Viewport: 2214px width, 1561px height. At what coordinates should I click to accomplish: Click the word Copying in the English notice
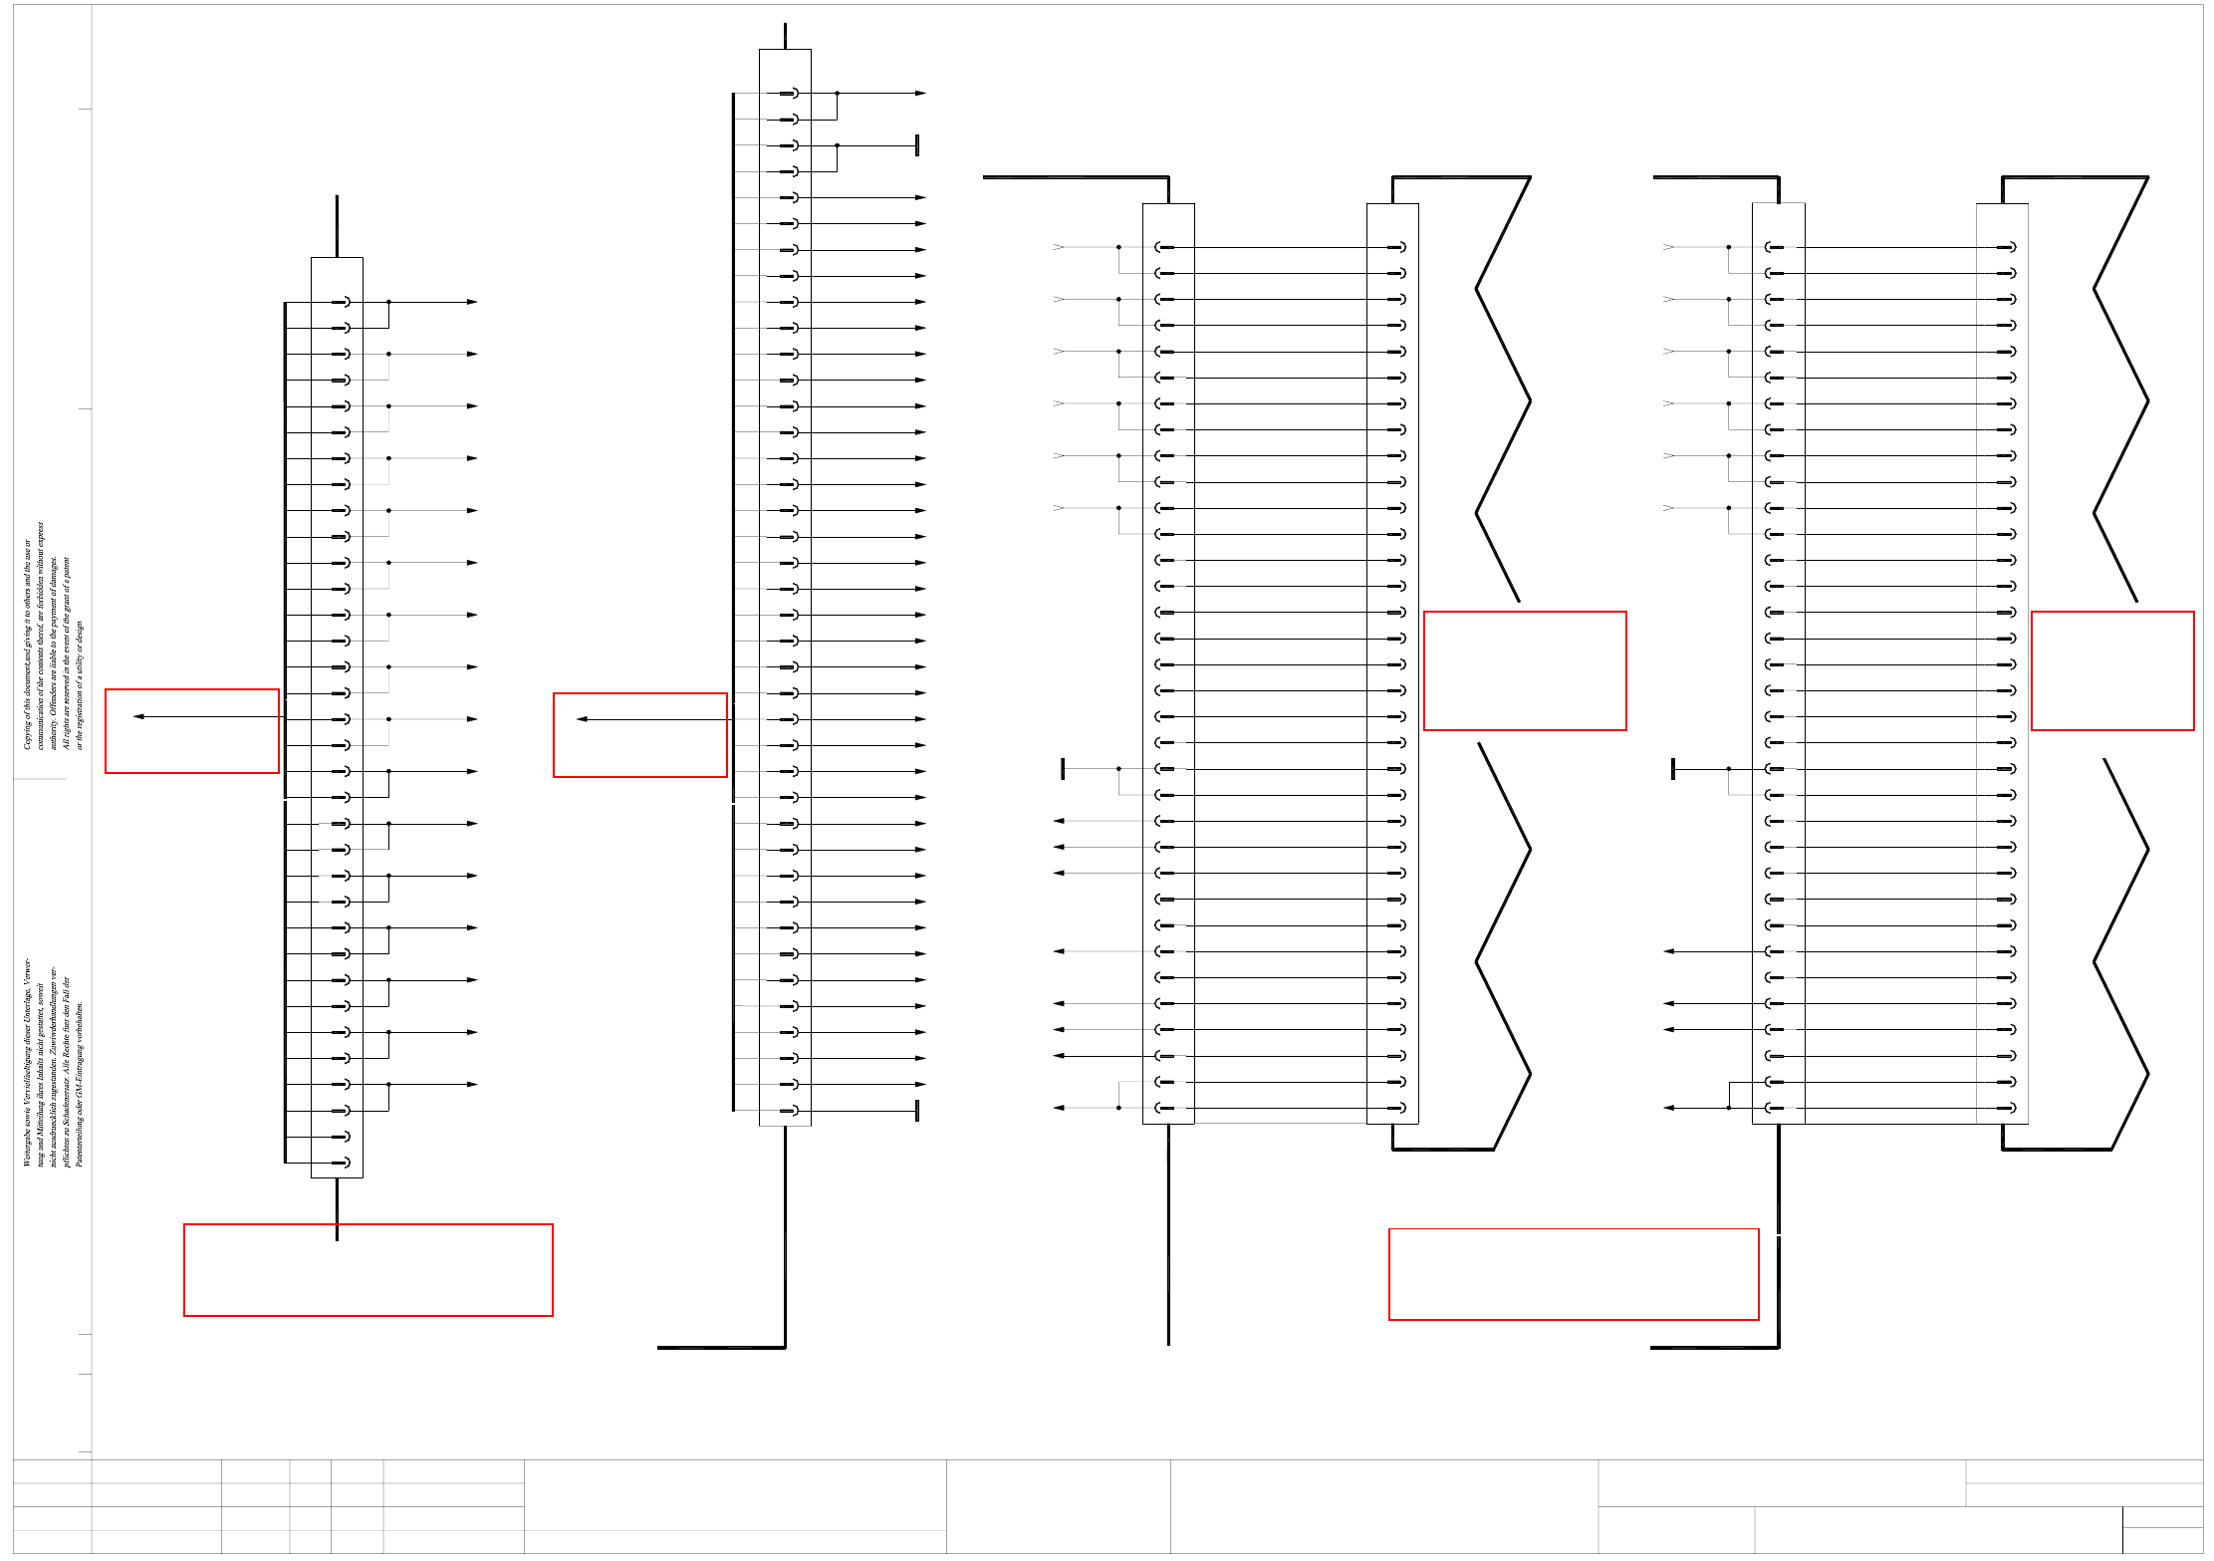pyautogui.click(x=28, y=731)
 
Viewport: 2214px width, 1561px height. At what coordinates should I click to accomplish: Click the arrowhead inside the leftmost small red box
pyautogui.click(x=138, y=716)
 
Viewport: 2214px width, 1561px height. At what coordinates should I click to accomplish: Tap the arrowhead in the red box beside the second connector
pyautogui.click(x=582, y=719)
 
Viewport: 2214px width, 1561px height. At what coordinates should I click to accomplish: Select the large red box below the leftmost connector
pyautogui.click(x=368, y=1269)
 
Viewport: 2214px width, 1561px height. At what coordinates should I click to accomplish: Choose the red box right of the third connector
pyautogui.click(x=1524, y=670)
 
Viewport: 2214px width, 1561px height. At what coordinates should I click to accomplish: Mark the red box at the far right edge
pyautogui.click(x=2111, y=670)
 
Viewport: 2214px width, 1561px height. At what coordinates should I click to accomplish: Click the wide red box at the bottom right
pyautogui.click(x=1573, y=1274)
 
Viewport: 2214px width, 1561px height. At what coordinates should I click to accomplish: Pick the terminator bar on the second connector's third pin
pyautogui.click(x=916, y=145)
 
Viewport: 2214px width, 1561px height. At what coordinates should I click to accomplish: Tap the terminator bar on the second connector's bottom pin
pyautogui.click(x=916, y=1110)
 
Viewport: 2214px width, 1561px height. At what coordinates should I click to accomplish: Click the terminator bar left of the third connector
pyautogui.click(x=1063, y=768)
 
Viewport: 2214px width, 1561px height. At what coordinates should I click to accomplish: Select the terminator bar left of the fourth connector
pyautogui.click(x=1673, y=768)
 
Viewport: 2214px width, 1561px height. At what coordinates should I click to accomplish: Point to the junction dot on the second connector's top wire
pyautogui.click(x=837, y=93)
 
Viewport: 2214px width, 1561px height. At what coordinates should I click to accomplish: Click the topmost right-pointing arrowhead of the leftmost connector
pyautogui.click(x=472, y=302)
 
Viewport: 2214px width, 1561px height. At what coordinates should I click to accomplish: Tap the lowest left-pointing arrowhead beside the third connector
pyautogui.click(x=1059, y=1108)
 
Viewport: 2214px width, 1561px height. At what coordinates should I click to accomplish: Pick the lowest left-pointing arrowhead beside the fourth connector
pyautogui.click(x=1668, y=1108)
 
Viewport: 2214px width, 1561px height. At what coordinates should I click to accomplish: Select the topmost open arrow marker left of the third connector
pyautogui.click(x=1059, y=247)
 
